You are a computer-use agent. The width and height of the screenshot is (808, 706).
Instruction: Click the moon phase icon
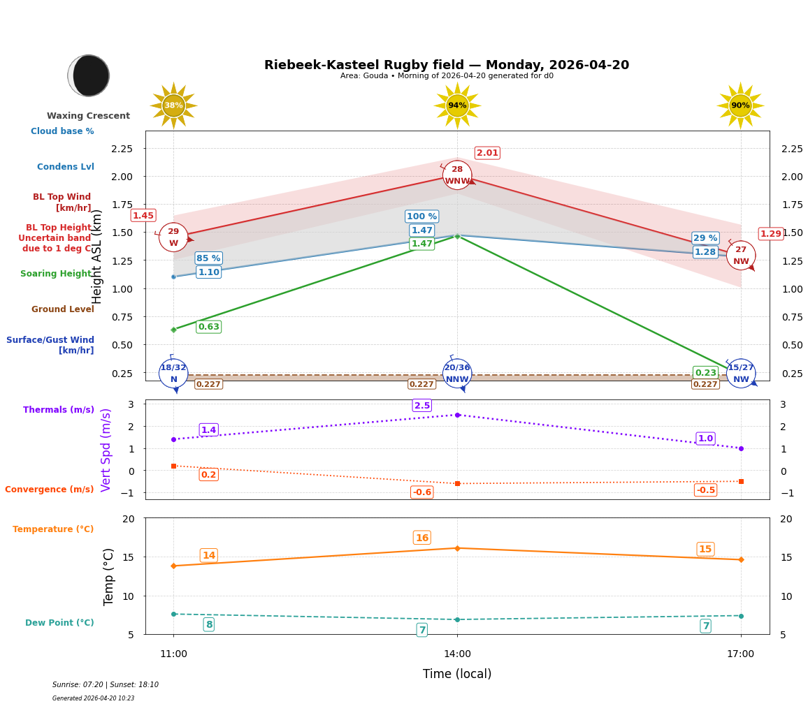pyautogui.click(x=89, y=75)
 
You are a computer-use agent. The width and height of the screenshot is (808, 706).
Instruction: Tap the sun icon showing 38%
pyautogui.click(x=173, y=105)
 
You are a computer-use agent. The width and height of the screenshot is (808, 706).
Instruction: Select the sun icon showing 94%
pyautogui.click(x=457, y=105)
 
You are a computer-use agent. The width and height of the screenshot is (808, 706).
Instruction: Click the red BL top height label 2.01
pyautogui.click(x=487, y=153)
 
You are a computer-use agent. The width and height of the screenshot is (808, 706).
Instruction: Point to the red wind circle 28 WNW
pyautogui.click(x=457, y=175)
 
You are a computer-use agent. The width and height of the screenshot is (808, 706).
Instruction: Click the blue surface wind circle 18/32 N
pyautogui.click(x=173, y=374)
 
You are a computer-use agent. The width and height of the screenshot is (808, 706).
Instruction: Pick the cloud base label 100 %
pyautogui.click(x=421, y=216)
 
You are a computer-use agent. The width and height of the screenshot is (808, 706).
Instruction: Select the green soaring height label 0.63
pyautogui.click(x=208, y=327)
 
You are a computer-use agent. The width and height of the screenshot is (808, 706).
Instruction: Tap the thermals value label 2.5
pyautogui.click(x=422, y=406)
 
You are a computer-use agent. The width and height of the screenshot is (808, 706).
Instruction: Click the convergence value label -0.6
pyautogui.click(x=422, y=492)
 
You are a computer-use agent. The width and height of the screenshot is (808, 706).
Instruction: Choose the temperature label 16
pyautogui.click(x=422, y=538)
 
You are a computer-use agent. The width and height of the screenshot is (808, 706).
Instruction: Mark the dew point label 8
pyautogui.click(x=208, y=624)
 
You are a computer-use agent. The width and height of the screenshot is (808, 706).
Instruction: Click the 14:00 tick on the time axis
pyautogui.click(x=457, y=654)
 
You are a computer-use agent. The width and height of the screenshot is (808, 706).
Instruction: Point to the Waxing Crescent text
pyautogui.click(x=88, y=116)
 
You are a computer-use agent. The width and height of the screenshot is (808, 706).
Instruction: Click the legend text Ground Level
pyautogui.click(x=62, y=309)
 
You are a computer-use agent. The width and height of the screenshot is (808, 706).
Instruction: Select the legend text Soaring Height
pyautogui.click(x=57, y=274)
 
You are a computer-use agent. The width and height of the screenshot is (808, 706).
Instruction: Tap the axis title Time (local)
pyautogui.click(x=457, y=674)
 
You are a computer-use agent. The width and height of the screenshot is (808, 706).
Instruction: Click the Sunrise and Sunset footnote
pyautogui.click(x=106, y=685)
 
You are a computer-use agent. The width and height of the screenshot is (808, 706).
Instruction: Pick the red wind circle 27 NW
pyautogui.click(x=741, y=256)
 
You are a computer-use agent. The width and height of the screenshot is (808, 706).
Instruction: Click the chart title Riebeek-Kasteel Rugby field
pyautogui.click(x=447, y=65)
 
